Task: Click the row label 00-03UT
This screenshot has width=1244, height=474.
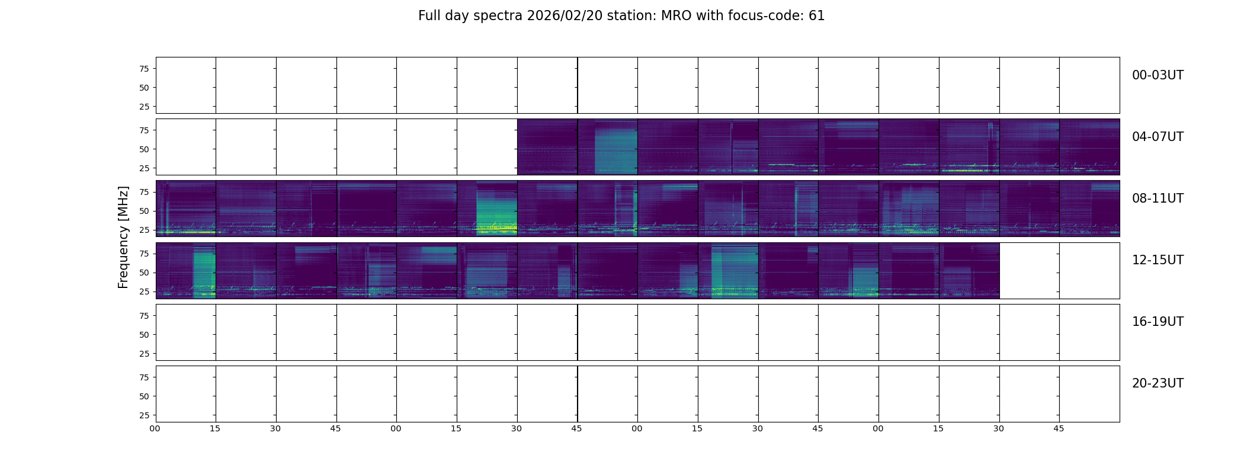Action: (1158, 75)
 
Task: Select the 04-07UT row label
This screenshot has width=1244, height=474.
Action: (1158, 137)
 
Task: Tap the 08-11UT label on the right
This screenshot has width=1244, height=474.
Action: (1158, 198)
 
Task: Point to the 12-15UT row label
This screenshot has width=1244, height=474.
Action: (1158, 260)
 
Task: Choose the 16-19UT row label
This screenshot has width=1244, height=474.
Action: (1158, 322)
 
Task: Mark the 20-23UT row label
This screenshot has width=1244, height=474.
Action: (1158, 383)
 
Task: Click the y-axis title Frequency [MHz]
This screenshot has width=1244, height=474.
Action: (123, 237)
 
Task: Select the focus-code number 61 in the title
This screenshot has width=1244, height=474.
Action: (816, 16)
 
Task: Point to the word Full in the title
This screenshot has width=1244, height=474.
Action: (428, 16)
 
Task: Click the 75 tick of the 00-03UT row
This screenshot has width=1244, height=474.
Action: (144, 69)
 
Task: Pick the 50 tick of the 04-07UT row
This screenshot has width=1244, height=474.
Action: (144, 149)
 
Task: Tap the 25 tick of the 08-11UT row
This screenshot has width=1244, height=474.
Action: (144, 230)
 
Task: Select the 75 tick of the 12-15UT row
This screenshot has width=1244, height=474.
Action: (144, 254)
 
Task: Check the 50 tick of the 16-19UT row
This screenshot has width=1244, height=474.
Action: (144, 335)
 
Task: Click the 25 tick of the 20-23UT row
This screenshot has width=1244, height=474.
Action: (144, 415)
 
